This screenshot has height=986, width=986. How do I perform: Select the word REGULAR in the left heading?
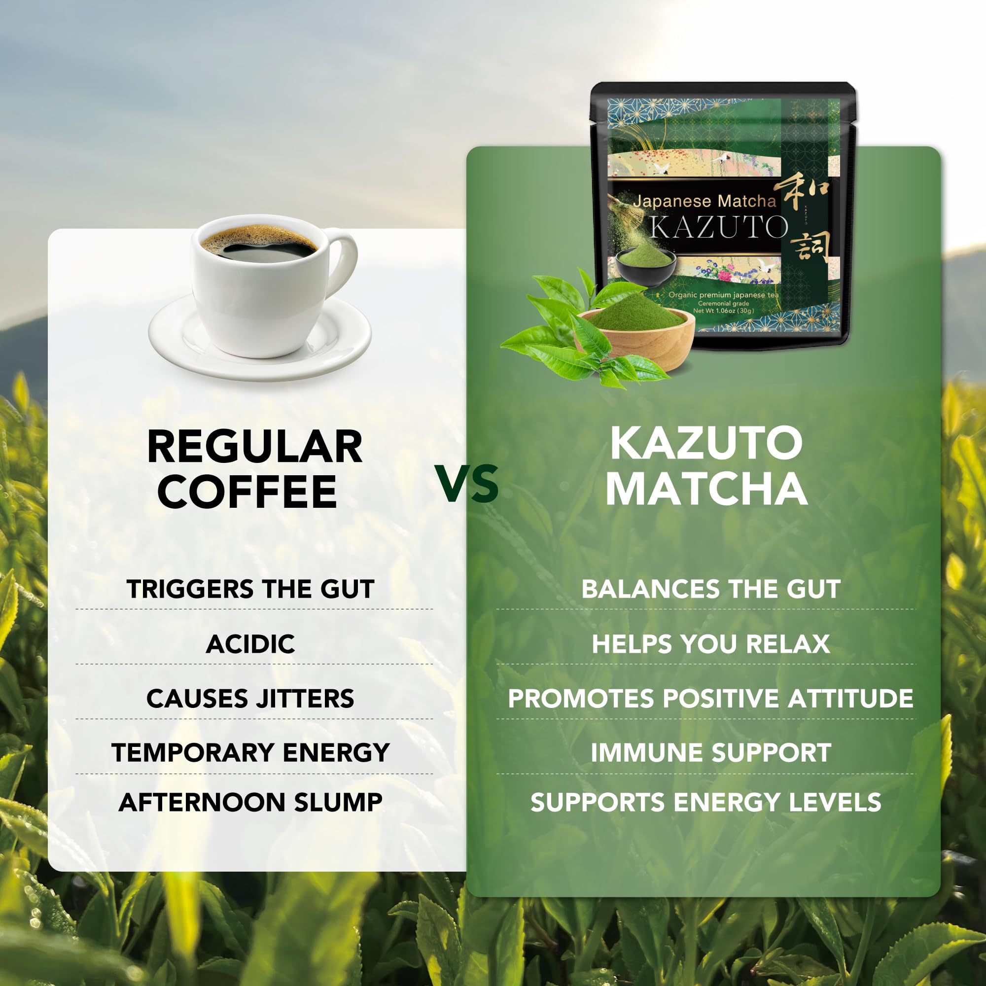255,447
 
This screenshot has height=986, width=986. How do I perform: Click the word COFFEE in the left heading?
247,492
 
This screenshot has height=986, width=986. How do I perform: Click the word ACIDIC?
250,644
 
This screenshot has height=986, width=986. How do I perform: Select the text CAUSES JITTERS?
250,699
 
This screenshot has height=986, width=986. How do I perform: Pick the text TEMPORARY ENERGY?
250,753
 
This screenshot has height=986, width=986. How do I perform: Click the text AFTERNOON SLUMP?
250,802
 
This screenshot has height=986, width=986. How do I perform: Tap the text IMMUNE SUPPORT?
711,753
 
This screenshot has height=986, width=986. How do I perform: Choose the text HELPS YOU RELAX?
711,644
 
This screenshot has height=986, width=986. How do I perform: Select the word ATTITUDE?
850,699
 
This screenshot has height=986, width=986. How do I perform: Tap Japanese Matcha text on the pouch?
704,201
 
